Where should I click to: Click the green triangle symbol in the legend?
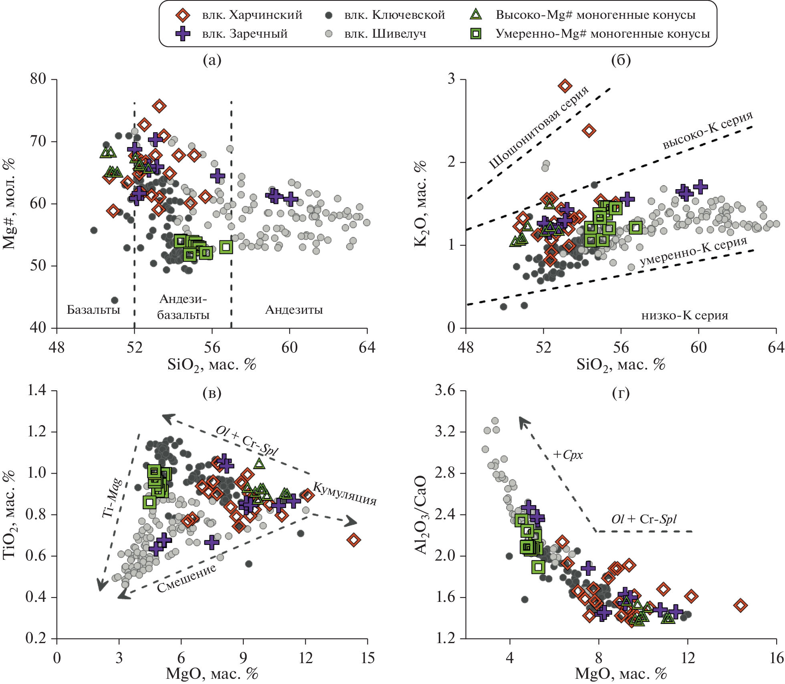point(476,15)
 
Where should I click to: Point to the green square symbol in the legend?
point(476,34)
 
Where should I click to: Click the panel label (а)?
point(212,60)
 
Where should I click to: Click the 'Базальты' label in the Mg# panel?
point(93,310)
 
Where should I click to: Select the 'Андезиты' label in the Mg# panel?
point(294,310)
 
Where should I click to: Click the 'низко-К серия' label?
point(684,316)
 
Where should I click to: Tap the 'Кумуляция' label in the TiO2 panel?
point(345,494)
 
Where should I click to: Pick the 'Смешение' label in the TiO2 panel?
point(186,578)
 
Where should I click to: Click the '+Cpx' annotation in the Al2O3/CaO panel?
point(568,455)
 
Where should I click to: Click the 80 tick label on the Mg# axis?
point(38,79)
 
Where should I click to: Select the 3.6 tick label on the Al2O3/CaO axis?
point(445,390)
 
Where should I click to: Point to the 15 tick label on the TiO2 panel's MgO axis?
point(367,658)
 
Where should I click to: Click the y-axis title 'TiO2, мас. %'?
point(9,515)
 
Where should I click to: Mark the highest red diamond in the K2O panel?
point(565,86)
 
